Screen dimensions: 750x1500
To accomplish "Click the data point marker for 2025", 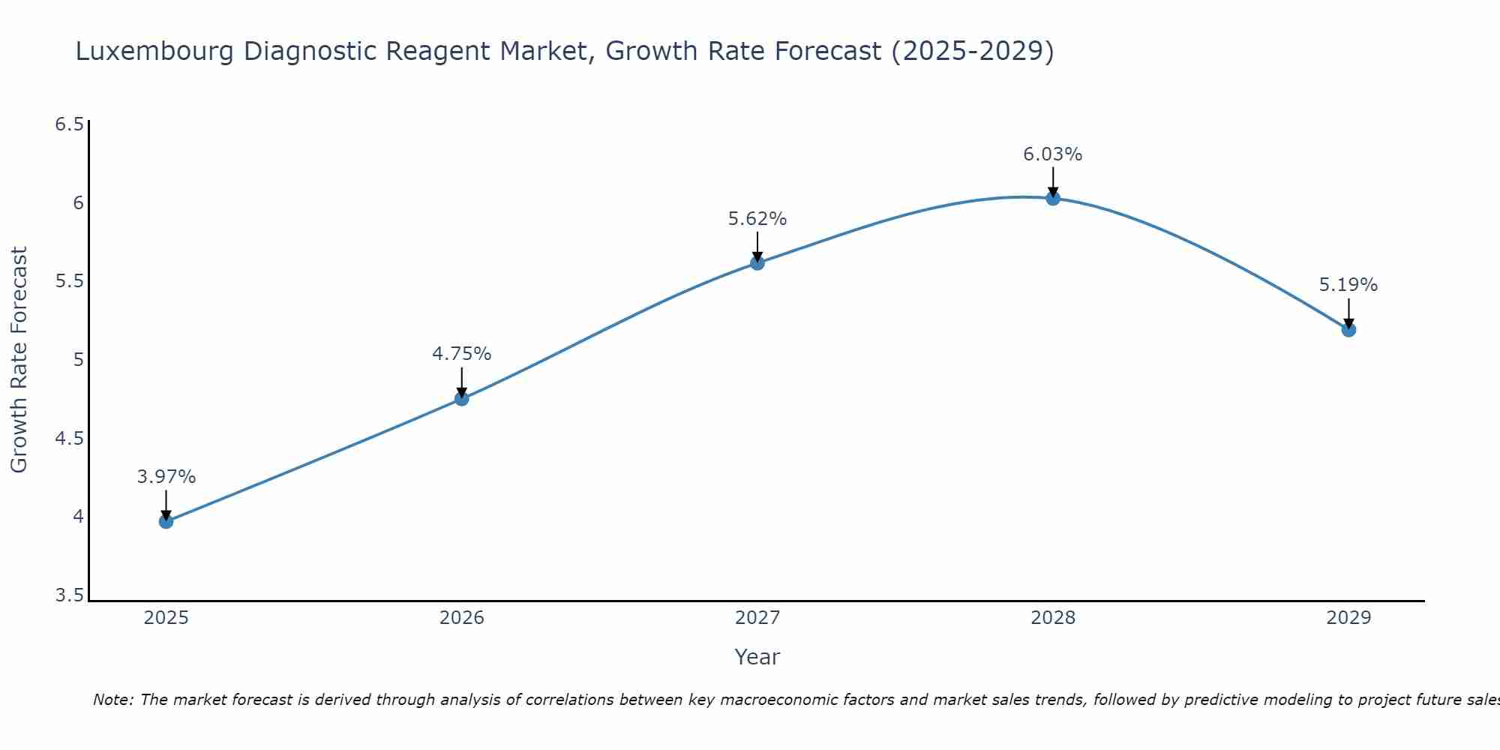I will click(166, 521).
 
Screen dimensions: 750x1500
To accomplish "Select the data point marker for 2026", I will click(462, 398).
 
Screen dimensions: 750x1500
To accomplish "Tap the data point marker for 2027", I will click(757, 262).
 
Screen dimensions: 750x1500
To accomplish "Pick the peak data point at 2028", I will click(1053, 198).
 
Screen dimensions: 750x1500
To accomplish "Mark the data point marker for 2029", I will click(1348, 329).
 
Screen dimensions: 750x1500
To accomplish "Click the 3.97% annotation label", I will click(166, 477).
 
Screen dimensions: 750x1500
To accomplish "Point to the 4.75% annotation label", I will click(462, 353).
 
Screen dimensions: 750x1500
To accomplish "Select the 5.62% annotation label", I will click(757, 219).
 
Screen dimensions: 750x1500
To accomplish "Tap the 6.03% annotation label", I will click(1053, 154).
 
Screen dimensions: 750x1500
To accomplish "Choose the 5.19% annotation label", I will click(1348, 285).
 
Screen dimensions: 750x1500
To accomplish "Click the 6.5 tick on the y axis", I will click(69, 124).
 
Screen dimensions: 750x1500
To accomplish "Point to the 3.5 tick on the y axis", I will click(69, 595).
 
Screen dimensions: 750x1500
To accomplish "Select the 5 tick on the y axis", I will click(78, 360).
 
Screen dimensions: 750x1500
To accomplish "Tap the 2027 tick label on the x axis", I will click(757, 618).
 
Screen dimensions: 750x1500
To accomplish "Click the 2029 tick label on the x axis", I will click(1348, 618).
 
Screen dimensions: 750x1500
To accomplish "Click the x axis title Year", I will click(757, 657).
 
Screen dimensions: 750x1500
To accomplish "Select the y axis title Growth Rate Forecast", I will click(19, 360).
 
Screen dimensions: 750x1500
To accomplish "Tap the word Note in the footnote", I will click(112, 700).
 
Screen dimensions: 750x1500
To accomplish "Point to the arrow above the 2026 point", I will click(462, 381).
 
